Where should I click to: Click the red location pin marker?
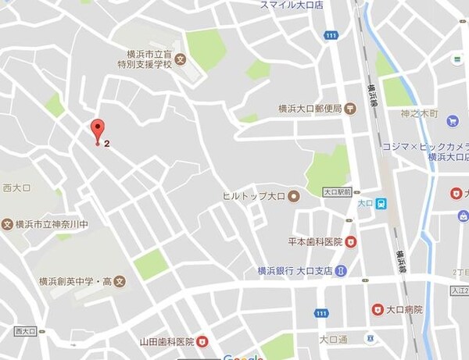pos(97,131)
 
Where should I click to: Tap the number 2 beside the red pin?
pos(106,143)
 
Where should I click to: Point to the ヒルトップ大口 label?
pos(252,195)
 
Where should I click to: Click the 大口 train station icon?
pos(380,204)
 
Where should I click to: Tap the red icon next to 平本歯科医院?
pos(351,241)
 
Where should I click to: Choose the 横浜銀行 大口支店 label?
pos(295,271)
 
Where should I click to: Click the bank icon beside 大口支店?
pos(341,271)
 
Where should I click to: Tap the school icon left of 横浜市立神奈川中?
pos(8,224)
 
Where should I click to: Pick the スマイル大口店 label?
pos(292,5)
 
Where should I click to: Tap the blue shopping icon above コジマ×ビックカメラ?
pos(452,121)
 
